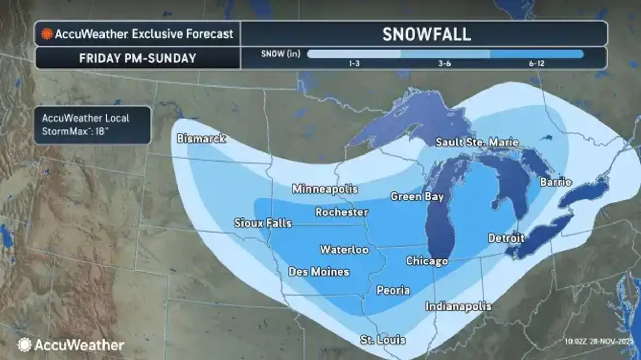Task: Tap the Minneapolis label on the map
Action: pyautogui.click(x=325, y=189)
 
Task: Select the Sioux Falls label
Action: pyautogui.click(x=263, y=223)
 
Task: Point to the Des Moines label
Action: pyautogui.click(x=319, y=271)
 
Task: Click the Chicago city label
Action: pyautogui.click(x=427, y=261)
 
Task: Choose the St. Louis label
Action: pyautogui.click(x=383, y=340)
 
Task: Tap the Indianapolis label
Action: pyautogui.click(x=458, y=306)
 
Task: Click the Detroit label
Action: pyautogui.click(x=506, y=238)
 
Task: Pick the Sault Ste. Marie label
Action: pyautogui.click(x=477, y=143)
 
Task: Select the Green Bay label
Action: pyautogui.click(x=417, y=196)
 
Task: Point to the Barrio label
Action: pyautogui.click(x=556, y=182)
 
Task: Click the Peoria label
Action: pyautogui.click(x=393, y=290)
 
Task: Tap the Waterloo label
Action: pyautogui.click(x=344, y=250)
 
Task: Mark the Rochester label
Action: pyautogui.click(x=341, y=212)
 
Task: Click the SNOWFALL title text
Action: pyautogui.click(x=426, y=34)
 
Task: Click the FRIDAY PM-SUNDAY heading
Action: pyautogui.click(x=137, y=58)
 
